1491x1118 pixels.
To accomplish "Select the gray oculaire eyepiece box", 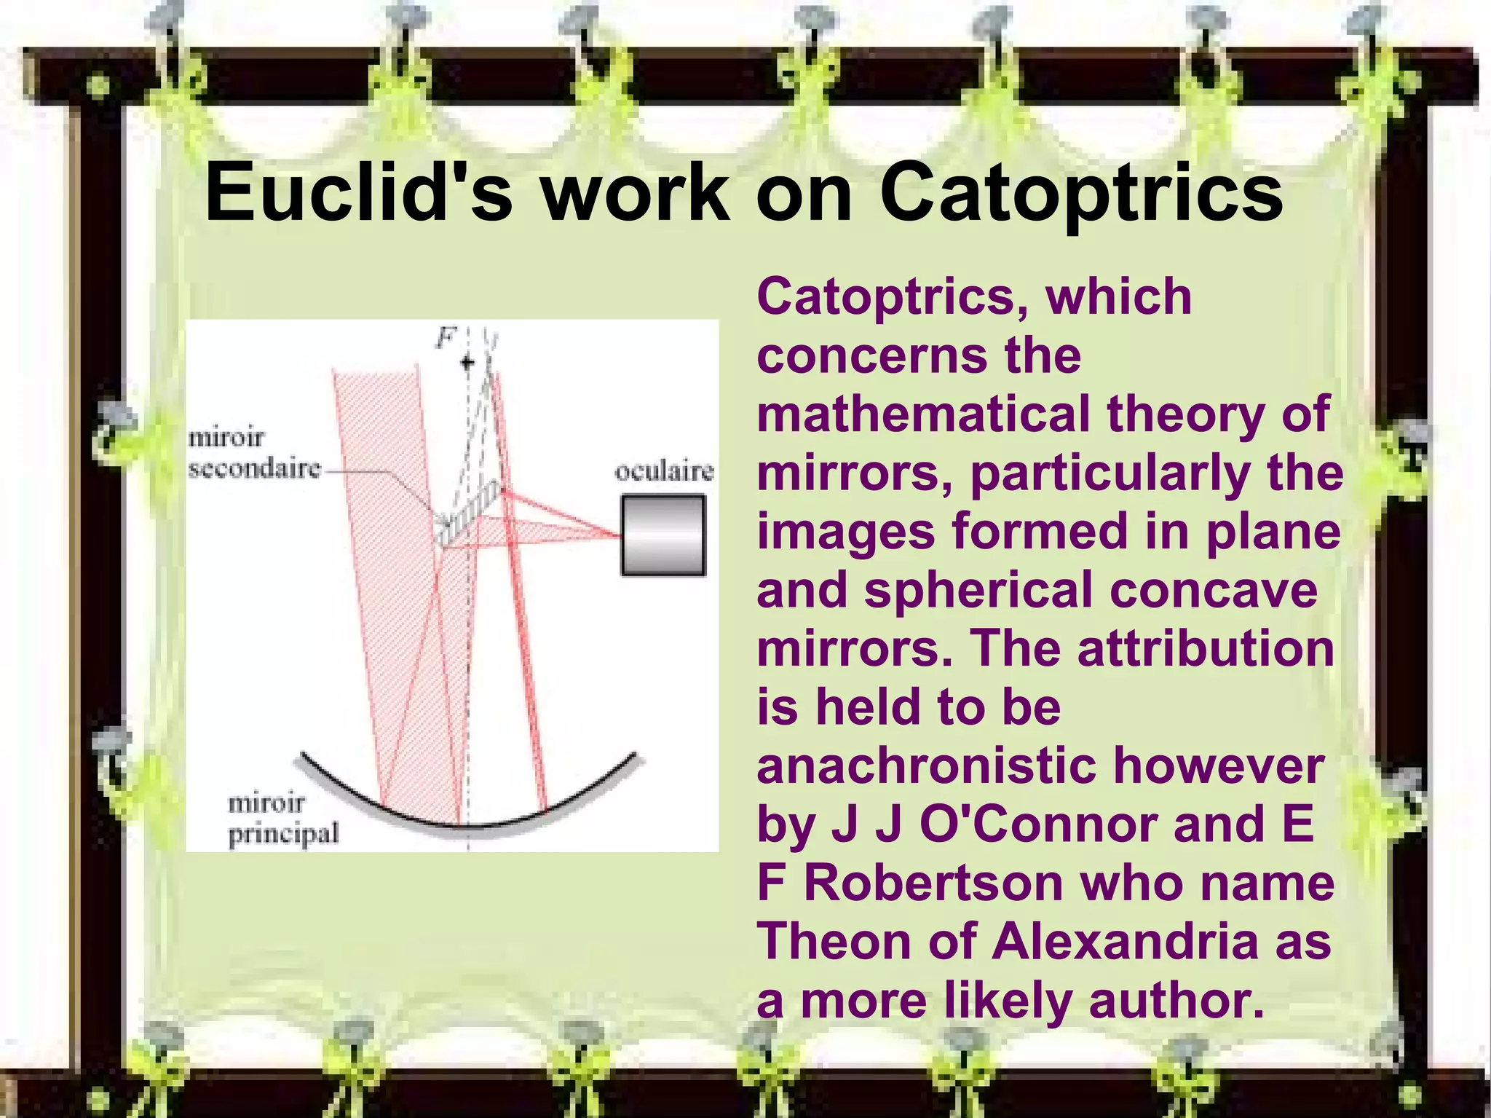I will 663,535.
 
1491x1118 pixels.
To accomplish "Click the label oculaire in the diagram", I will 664,472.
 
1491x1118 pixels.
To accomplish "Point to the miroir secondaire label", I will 253,453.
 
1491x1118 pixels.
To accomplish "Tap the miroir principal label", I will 282,819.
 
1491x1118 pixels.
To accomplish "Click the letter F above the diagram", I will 446,337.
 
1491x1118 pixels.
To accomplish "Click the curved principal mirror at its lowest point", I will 468,827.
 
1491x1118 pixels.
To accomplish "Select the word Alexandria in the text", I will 1125,941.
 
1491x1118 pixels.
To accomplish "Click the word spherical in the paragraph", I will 978,590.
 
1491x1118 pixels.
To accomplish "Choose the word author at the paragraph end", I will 1174,1000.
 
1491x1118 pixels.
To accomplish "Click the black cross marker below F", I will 467,362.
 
